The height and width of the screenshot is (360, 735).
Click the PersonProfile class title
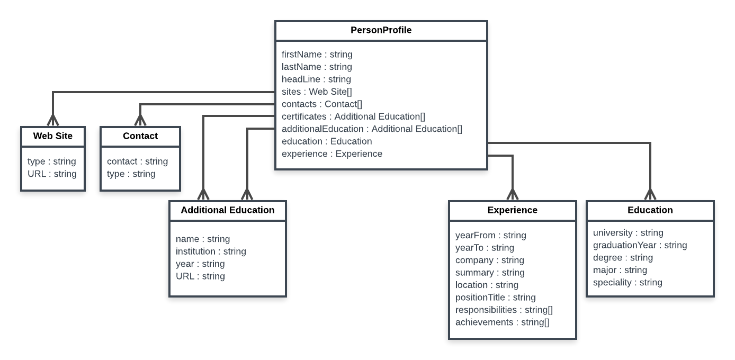tap(381, 30)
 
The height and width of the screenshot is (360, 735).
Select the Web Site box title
tap(53, 136)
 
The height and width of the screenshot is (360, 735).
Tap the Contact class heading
tap(140, 136)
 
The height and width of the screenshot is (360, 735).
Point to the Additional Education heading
tap(227, 210)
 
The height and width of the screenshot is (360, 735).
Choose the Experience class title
tap(512, 210)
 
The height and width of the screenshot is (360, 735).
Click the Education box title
tap(650, 210)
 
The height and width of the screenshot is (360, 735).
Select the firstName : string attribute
tap(317, 55)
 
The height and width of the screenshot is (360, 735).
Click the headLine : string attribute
tap(316, 79)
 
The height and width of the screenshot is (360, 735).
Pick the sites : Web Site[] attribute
tap(317, 92)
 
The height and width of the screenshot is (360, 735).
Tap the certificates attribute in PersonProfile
tap(353, 116)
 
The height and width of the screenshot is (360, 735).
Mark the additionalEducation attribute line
tap(372, 129)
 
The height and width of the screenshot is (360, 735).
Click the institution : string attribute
tap(211, 251)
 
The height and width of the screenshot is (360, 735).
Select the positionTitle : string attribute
tap(495, 298)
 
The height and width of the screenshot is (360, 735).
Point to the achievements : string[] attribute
tap(502, 322)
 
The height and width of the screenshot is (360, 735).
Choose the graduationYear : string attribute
tap(640, 245)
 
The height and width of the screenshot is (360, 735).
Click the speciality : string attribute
tap(628, 283)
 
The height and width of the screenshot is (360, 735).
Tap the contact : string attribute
tap(137, 161)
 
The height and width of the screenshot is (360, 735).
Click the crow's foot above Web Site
tap(53, 120)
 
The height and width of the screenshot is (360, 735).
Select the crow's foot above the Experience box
tap(513, 194)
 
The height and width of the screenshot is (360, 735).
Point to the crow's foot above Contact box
tap(140, 120)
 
